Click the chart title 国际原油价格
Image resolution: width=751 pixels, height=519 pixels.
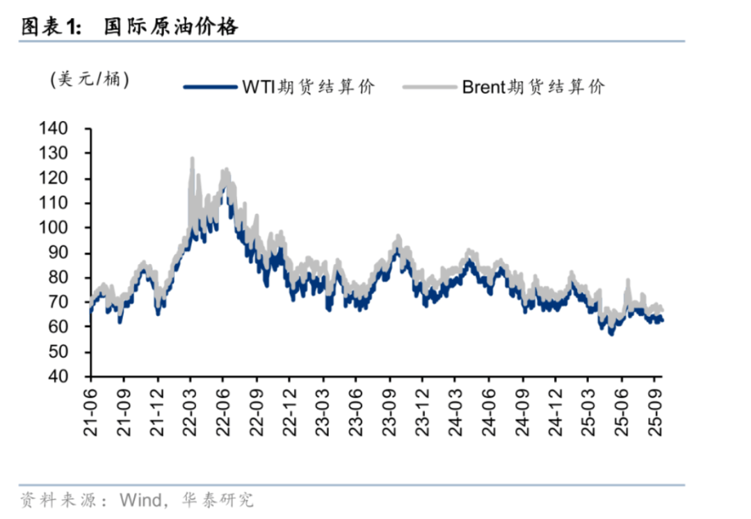(x=171, y=26)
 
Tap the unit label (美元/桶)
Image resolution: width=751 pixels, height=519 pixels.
(x=90, y=79)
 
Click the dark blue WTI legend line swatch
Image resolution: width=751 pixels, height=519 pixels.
(x=210, y=87)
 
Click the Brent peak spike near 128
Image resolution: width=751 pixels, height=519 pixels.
(x=191, y=160)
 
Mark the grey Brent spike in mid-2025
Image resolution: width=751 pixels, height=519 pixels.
(x=627, y=281)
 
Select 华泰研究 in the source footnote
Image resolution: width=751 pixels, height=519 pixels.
(x=217, y=500)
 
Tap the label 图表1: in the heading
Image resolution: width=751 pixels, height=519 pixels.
(x=51, y=26)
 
